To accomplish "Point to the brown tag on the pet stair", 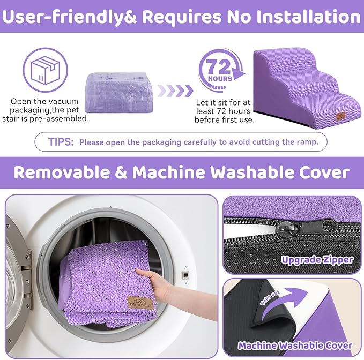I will (340, 116).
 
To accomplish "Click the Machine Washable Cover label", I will (295, 346).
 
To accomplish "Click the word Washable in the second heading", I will (255, 172).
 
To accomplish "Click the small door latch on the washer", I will (185, 275).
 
